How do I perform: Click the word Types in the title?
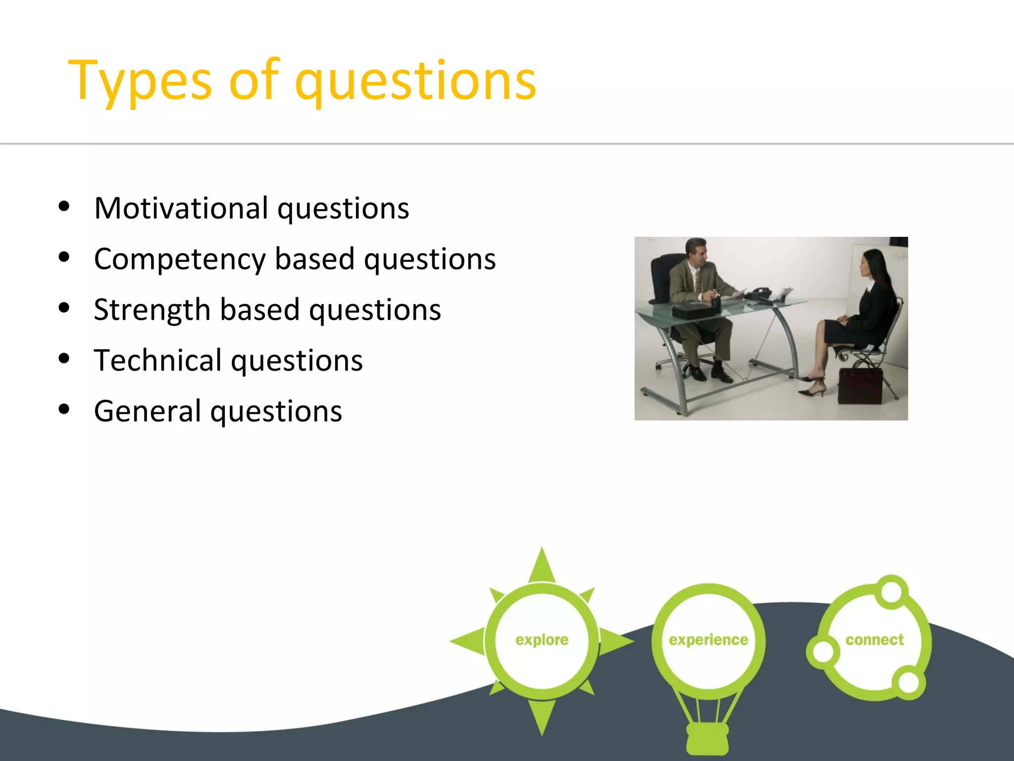pos(140,80)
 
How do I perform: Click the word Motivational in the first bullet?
pos(181,208)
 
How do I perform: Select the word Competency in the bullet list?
pos(180,260)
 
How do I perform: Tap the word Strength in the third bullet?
pos(152,310)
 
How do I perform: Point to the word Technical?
pos(158,361)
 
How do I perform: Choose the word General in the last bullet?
pos(148,411)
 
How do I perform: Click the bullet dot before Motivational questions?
pos(64,207)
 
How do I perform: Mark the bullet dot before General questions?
pos(64,410)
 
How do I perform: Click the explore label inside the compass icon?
pos(542,640)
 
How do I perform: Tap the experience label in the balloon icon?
pos(708,640)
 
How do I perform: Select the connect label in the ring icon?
pos(874,640)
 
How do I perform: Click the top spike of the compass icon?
pos(542,565)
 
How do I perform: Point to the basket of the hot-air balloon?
pos(708,738)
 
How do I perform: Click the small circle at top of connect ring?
pos(891,592)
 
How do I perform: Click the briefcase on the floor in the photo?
pos(861,386)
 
